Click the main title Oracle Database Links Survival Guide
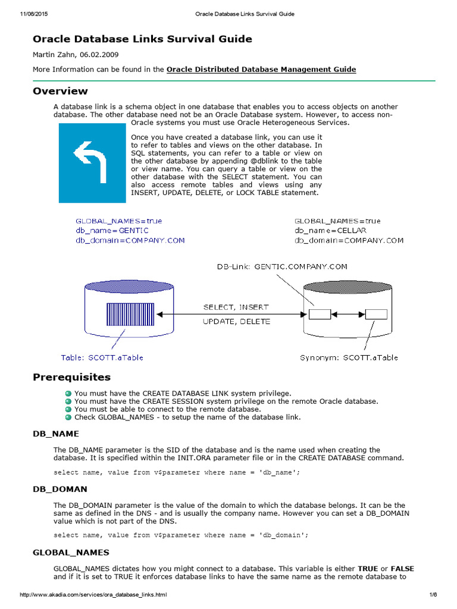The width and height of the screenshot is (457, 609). point(142,39)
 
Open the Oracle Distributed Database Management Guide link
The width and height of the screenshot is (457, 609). point(261,70)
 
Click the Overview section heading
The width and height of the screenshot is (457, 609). point(60,91)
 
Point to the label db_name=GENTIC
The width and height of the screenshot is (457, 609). point(112,230)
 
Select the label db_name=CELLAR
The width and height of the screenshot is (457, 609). point(330,230)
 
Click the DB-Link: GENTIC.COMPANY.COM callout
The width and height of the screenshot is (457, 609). point(281,267)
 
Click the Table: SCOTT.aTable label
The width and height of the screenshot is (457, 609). point(102,357)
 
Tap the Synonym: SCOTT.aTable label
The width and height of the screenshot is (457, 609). point(349,357)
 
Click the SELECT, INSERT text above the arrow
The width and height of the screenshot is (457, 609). point(236,307)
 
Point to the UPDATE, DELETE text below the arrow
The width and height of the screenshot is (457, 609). point(236,321)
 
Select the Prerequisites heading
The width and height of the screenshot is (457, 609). point(71,377)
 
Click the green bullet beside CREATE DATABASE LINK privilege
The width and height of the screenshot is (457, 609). point(68,393)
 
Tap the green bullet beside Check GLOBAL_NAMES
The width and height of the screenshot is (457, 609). point(68,417)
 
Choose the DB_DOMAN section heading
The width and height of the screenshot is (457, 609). point(60,489)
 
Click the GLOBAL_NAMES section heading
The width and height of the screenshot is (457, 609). point(71,553)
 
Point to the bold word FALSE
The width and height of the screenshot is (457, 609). point(403,569)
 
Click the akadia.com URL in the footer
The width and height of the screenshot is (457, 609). point(93,595)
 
